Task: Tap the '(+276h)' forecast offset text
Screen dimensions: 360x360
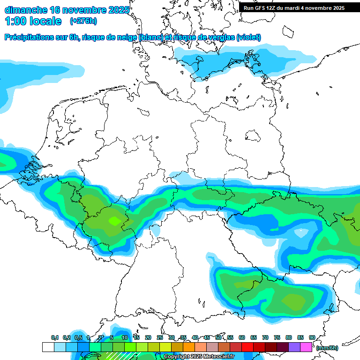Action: (83, 21)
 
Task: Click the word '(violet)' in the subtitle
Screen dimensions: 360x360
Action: (248, 37)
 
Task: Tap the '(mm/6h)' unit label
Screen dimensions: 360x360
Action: (327, 347)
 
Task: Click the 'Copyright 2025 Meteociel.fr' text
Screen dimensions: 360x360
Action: (199, 356)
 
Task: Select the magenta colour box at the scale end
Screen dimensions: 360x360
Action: (306, 347)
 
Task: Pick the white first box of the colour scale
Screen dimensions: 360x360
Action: (48, 347)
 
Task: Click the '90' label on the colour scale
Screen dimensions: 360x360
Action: (312, 337)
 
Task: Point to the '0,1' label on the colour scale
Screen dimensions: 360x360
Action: (54, 337)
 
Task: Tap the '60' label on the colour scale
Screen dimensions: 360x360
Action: (242, 337)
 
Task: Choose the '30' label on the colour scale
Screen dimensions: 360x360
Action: (172, 337)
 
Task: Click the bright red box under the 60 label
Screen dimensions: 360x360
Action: (247, 347)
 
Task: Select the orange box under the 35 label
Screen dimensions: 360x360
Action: (189, 347)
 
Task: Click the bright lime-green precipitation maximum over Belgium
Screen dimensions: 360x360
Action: (114, 220)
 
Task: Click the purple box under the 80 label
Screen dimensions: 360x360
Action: (294, 347)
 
